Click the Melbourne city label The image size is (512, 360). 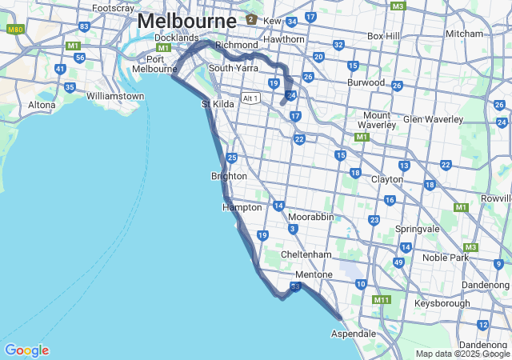click(x=187, y=20)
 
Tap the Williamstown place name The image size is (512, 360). click(x=115, y=96)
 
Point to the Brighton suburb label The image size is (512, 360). click(x=229, y=176)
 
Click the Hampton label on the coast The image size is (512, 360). click(x=242, y=207)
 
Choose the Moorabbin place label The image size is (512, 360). click(x=310, y=217)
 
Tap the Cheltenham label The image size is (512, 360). click(x=306, y=254)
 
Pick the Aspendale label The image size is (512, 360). click(x=354, y=333)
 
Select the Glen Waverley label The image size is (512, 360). click(x=433, y=119)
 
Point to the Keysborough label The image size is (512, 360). click(x=442, y=304)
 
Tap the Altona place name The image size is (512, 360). click(x=42, y=105)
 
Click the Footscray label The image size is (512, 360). click(x=113, y=8)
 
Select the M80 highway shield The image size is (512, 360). click(x=14, y=29)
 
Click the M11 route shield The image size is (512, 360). click(x=382, y=300)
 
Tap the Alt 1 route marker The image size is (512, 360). click(x=251, y=98)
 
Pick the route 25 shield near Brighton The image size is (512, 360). click(x=231, y=158)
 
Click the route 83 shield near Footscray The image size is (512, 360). click(x=84, y=26)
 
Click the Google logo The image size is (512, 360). click(x=26, y=350)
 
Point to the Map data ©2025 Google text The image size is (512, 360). click(x=462, y=354)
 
